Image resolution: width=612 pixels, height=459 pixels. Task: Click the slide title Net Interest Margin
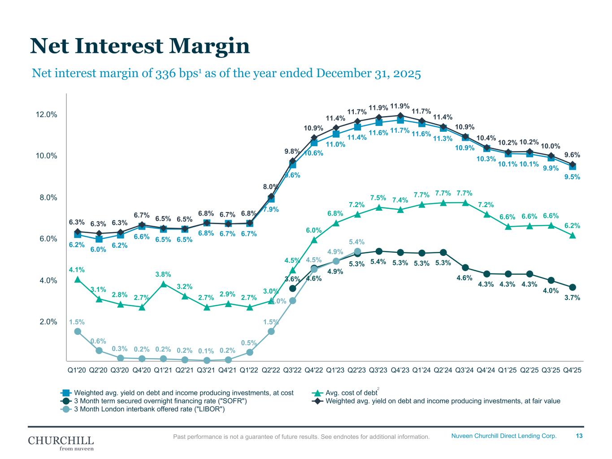pos(139,46)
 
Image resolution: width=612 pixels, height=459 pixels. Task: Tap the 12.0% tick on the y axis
pos(46,114)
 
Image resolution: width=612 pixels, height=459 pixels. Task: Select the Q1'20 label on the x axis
pos(77,370)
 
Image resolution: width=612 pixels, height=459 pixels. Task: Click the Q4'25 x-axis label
pos(572,370)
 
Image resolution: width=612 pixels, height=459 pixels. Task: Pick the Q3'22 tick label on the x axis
pos(292,370)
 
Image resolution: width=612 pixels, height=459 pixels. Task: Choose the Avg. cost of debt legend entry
pos(351,393)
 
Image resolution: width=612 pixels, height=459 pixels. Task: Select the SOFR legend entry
pos(160,401)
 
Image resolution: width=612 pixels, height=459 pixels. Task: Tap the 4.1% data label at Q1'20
pos(77,270)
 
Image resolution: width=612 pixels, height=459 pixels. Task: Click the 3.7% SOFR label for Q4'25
pos(572,297)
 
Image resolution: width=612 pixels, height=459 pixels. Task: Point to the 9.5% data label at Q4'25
pos(572,177)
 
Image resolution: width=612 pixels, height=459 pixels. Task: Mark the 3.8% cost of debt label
pos(163,274)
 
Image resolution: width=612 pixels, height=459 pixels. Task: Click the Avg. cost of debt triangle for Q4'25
pos(573,235)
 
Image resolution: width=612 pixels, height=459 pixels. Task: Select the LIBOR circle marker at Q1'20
pos(78,331)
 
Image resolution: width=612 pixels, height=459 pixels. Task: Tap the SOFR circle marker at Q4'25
pos(573,287)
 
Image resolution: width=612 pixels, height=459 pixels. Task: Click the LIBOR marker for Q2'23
pos(357,251)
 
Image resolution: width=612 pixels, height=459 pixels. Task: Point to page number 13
pos(579,436)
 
